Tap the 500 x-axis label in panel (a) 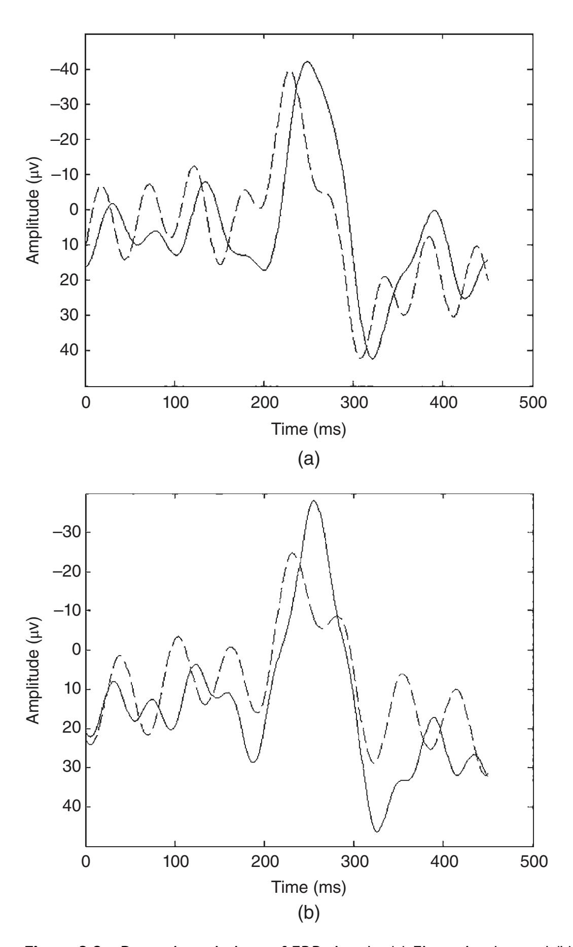[x=532, y=403]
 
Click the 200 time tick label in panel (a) [x=264, y=403]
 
